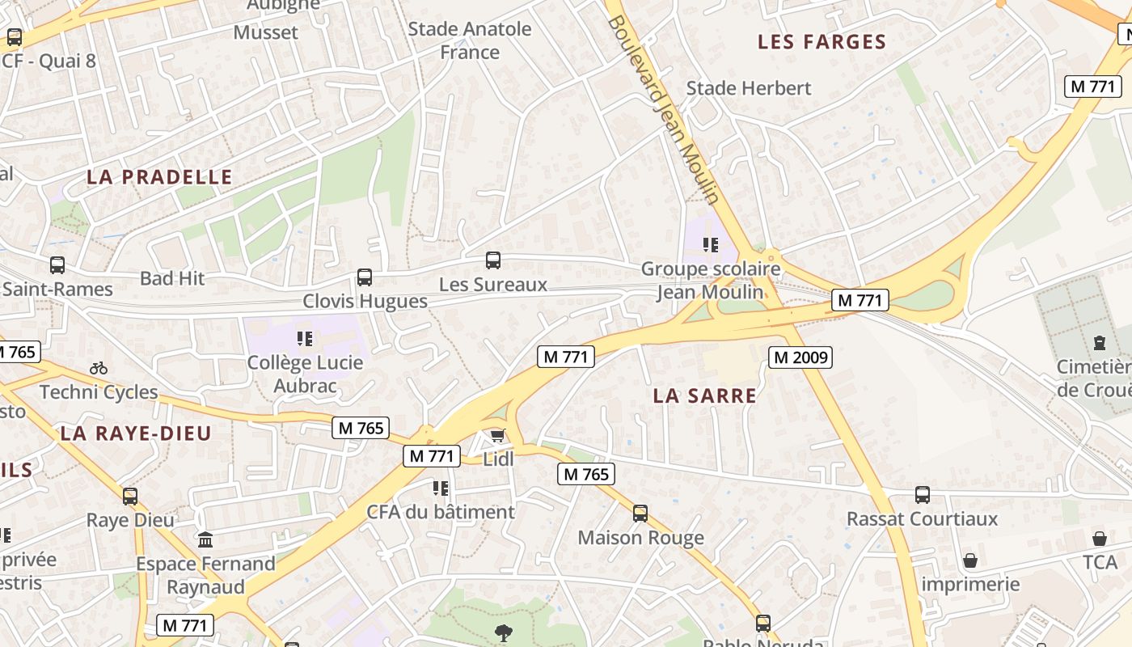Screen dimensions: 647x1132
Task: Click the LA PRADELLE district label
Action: coord(159,177)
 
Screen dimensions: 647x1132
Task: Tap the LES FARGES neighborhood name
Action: coord(822,42)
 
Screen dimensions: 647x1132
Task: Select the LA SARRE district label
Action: coord(705,395)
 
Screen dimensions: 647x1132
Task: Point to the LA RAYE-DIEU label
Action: coord(136,433)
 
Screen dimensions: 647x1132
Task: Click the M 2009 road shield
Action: coord(800,357)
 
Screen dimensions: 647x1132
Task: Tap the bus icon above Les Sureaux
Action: coord(493,260)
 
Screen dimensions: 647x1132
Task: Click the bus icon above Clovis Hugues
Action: coord(365,277)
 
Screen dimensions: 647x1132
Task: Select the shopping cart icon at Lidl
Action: coord(498,436)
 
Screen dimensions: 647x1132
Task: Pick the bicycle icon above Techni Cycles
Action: coord(99,368)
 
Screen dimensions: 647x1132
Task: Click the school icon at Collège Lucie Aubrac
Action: coord(305,339)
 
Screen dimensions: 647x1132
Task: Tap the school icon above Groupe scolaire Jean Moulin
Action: coord(711,244)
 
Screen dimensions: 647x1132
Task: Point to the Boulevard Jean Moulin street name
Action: coord(663,109)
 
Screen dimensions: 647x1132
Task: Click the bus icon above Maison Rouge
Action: coord(640,513)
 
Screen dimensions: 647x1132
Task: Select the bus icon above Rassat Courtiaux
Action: coord(923,494)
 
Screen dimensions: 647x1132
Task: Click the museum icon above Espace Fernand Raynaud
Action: coord(205,539)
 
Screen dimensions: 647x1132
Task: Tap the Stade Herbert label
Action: coord(748,88)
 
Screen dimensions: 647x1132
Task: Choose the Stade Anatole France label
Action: coord(470,40)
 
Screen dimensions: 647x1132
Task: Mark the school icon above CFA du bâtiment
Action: coord(441,488)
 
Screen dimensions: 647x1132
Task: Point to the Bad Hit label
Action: coord(172,278)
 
